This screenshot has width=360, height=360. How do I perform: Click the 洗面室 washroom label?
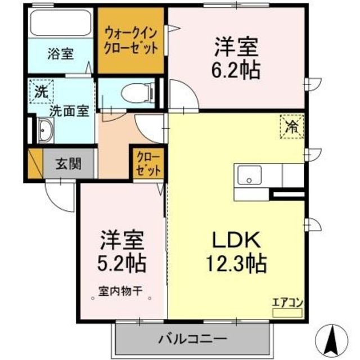tap(69, 111)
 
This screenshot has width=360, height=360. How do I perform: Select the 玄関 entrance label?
tap(69, 164)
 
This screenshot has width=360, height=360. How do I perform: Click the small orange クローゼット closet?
tap(148, 163)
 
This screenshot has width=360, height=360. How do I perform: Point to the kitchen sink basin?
tap(247, 175)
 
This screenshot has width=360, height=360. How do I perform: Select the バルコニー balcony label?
tap(192, 340)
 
